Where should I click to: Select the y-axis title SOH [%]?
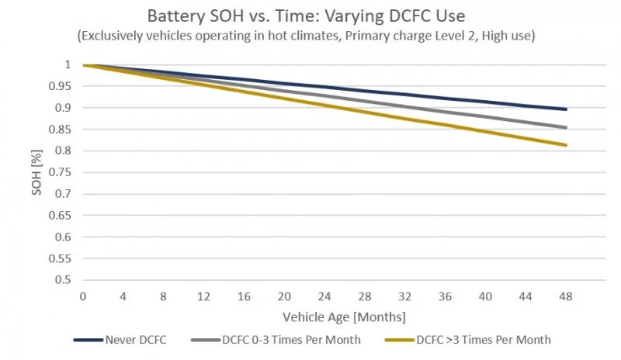click(36, 171)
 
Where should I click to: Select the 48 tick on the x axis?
click(566, 296)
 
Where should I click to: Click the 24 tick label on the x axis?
click(324, 296)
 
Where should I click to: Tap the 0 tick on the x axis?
click(83, 296)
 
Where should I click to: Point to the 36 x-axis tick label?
click(445, 296)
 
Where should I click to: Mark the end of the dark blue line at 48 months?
click(566, 109)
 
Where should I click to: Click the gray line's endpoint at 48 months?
click(566, 127)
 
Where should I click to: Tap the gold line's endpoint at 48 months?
click(566, 145)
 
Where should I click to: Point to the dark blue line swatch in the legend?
click(89, 340)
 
